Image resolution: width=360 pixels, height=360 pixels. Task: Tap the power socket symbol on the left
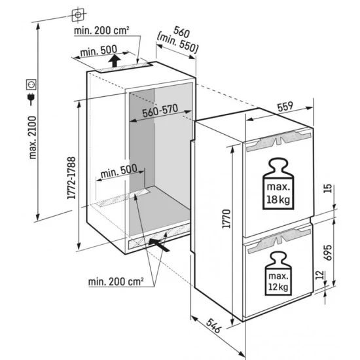(x=28, y=84)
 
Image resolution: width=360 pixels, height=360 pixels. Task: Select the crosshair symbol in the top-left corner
(x=78, y=14)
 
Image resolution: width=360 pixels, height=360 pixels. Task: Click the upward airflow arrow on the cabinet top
(x=116, y=62)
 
